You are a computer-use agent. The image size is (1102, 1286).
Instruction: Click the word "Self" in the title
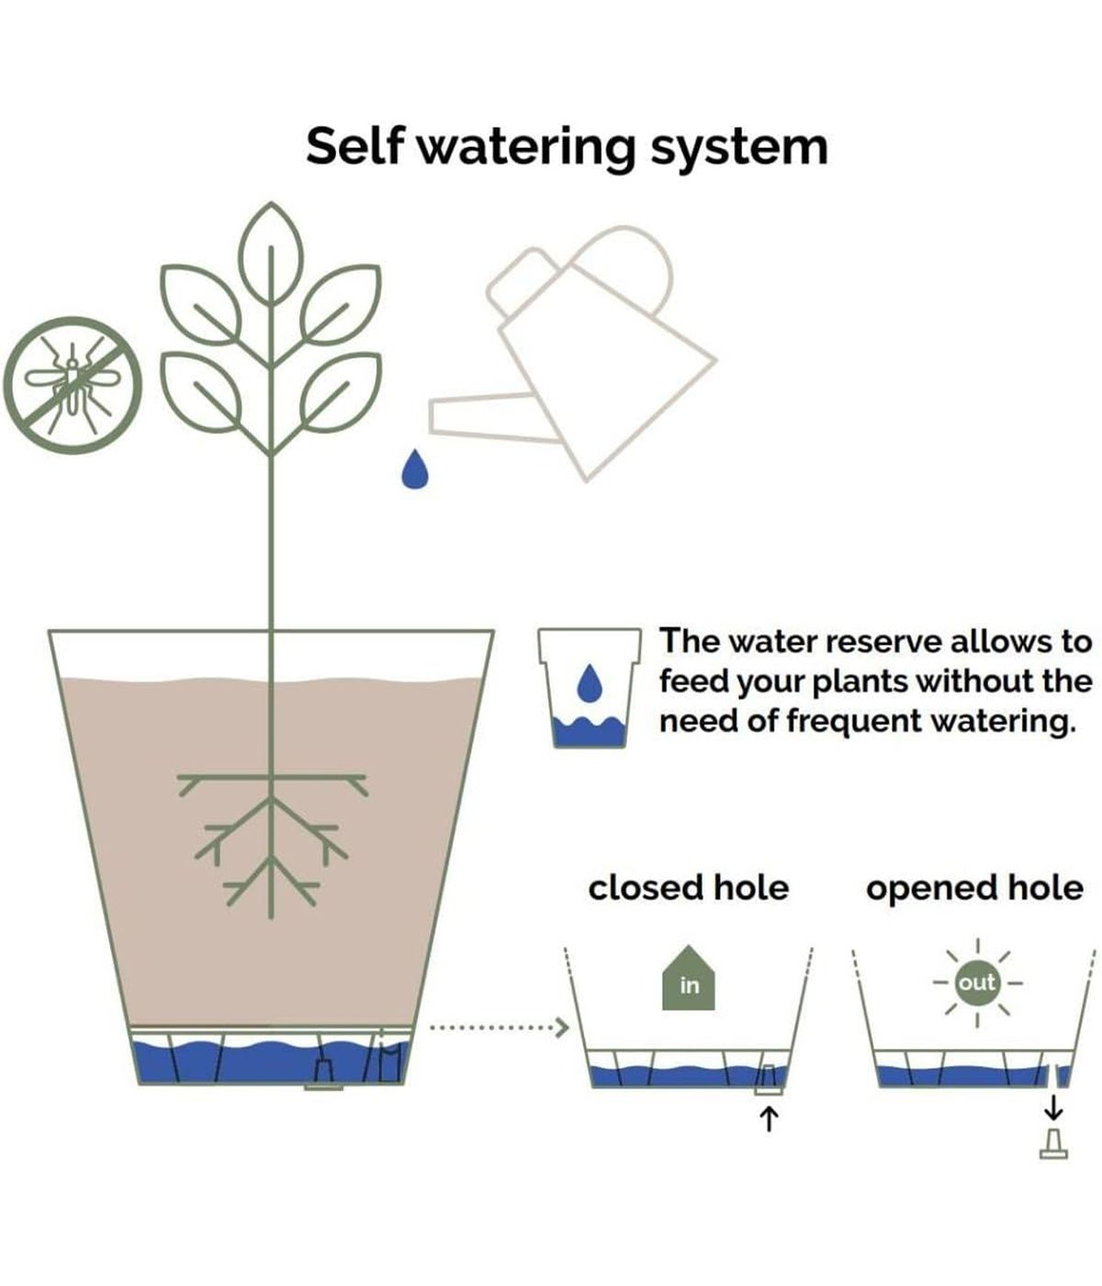coord(354,146)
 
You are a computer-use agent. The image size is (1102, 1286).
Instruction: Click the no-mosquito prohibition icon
coord(73,385)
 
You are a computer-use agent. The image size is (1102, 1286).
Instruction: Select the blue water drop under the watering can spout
coord(415,469)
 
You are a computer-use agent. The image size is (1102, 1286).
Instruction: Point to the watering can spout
coord(478,412)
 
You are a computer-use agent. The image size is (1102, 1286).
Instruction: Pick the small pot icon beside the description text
coord(589,687)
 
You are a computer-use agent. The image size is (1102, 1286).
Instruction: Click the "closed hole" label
coord(688,888)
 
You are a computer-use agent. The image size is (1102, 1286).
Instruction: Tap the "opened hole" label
coord(974,888)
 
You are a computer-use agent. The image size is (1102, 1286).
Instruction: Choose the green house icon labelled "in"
coord(689,981)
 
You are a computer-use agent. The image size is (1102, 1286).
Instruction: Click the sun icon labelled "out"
coord(976,982)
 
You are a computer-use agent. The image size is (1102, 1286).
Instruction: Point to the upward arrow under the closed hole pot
coord(770,1118)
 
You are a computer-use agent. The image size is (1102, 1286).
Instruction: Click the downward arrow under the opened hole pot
coord(1053,1107)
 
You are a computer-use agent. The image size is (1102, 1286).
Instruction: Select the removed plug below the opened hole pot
coord(1053,1144)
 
